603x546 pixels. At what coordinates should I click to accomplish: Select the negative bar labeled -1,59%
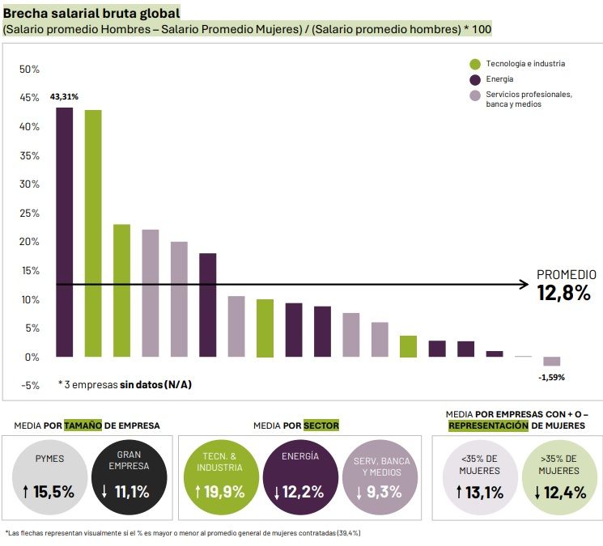click(551, 362)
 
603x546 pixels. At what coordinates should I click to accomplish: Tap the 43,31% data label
click(64, 96)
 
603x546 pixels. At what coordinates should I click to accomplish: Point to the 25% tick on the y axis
click(30, 213)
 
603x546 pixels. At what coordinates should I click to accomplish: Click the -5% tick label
click(30, 386)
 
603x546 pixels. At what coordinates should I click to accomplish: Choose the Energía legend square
click(475, 79)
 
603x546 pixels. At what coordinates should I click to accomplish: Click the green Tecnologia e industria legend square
click(475, 64)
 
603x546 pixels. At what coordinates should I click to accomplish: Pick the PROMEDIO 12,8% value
click(564, 294)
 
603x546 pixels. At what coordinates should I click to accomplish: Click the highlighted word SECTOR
click(321, 425)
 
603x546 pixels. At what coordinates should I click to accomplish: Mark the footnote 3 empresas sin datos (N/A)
click(125, 384)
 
